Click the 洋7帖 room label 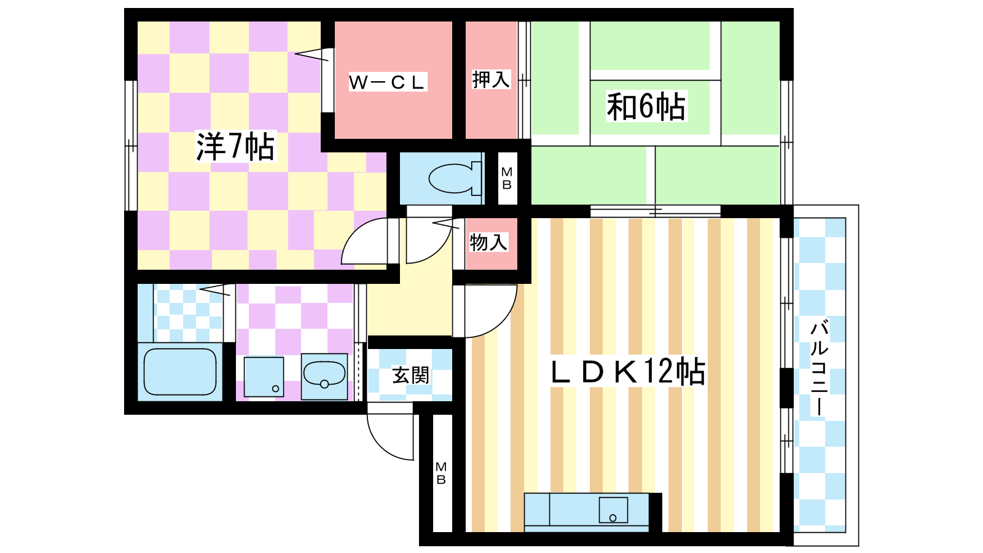[235, 147]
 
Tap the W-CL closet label [388, 82]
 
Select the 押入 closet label [491, 79]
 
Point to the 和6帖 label [646, 106]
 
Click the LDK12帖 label [628, 372]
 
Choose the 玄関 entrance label [410, 375]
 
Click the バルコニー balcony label [820, 368]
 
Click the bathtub [180, 372]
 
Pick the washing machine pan [264, 377]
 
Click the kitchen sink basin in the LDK [614, 510]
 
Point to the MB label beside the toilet [507, 178]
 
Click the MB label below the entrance [441, 474]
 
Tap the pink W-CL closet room [393, 80]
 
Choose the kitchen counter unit [586, 512]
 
